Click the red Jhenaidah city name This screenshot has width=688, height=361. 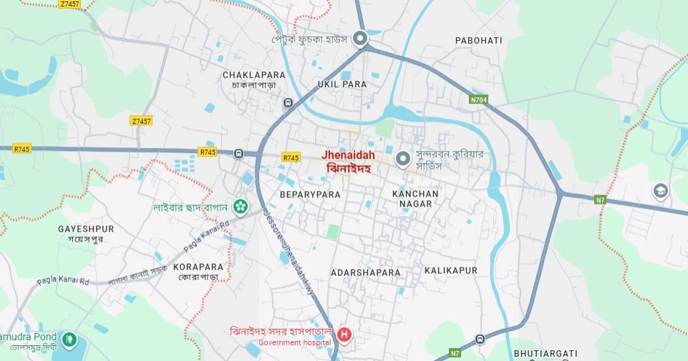click(x=348, y=154)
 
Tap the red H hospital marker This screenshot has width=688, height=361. click(x=344, y=335)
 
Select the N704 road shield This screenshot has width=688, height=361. click(x=478, y=99)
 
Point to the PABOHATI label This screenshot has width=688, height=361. click(x=478, y=41)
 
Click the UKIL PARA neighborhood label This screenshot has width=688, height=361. click(x=342, y=84)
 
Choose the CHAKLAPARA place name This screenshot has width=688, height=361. click(x=253, y=74)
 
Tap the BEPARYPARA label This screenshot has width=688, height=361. click(x=309, y=194)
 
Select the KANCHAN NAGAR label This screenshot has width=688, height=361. click(x=415, y=199)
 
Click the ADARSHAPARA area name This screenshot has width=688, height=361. click(x=365, y=272)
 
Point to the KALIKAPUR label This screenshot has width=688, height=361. click(x=450, y=271)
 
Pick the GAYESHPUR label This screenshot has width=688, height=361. click(x=86, y=229)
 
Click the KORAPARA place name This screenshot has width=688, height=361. click(x=198, y=267)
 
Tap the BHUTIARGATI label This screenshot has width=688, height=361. click(x=545, y=353)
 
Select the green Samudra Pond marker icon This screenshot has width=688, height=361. click(x=69, y=339)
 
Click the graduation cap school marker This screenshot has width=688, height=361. click(x=659, y=191)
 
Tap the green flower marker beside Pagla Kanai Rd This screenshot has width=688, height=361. click(x=241, y=207)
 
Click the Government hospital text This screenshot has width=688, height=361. click(x=294, y=342)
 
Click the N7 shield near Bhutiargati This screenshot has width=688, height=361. click(x=455, y=352)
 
